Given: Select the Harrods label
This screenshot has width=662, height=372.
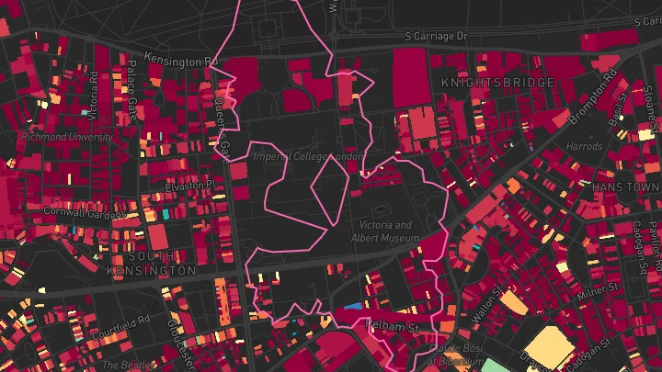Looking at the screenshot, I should point(584,147).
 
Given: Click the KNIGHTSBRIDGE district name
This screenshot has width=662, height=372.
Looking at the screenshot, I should point(497,83).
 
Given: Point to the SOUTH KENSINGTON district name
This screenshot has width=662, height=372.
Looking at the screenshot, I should point(152,264).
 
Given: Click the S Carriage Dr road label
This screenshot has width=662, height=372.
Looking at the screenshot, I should point(437,36).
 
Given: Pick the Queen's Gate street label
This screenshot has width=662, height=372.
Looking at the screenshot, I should point(221,131).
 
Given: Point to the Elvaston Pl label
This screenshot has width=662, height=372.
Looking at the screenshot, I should point(189,184).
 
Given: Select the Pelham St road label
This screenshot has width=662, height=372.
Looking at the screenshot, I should point(392,326).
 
